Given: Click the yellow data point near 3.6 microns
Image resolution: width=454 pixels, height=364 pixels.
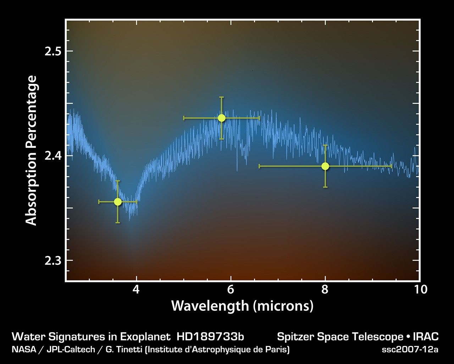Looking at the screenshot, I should click(x=118, y=202).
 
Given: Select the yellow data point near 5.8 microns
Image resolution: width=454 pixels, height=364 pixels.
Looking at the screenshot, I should click(x=222, y=118).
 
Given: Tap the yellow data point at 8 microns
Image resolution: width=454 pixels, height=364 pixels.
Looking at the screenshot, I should click(x=325, y=166).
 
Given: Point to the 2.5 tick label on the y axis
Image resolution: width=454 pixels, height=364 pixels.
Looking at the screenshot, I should click(x=53, y=51).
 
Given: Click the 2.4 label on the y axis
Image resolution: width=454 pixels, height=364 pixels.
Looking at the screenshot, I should click(x=53, y=156).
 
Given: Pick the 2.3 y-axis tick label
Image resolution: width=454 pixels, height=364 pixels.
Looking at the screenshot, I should click(x=53, y=261).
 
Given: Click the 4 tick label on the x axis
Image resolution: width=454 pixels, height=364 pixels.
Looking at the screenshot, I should click(x=136, y=290).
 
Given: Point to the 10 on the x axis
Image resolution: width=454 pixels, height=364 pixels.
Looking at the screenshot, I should click(x=420, y=290).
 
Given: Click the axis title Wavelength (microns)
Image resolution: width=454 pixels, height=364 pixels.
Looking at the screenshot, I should click(x=242, y=306).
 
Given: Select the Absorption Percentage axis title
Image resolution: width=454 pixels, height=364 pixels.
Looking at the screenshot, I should click(x=31, y=150).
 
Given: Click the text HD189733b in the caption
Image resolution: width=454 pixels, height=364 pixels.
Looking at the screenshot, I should click(x=210, y=337).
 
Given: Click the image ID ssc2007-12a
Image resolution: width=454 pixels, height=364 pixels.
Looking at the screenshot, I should click(x=410, y=349).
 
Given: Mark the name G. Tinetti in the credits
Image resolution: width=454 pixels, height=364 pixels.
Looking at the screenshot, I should click(x=124, y=349).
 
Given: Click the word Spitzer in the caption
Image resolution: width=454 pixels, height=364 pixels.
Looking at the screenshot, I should click(x=292, y=337).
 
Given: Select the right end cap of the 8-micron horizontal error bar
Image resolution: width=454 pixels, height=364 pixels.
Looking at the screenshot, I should click(x=391, y=166).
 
